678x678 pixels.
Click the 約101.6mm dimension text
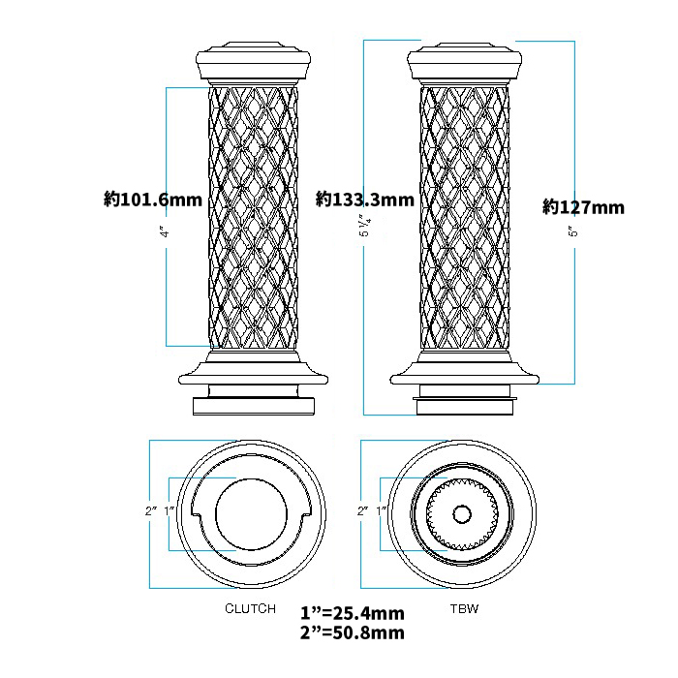click(x=153, y=200)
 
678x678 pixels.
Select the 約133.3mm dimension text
click(x=365, y=200)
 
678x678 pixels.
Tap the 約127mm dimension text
click(x=584, y=207)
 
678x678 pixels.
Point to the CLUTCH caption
click(x=250, y=609)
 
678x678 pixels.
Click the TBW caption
click(x=464, y=609)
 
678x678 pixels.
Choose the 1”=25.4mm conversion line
click(x=353, y=613)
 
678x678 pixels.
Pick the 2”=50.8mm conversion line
click(x=353, y=632)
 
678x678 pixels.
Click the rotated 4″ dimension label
click(x=165, y=233)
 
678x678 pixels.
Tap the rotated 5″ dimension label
click(x=573, y=231)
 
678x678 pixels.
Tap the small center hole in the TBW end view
click(x=462, y=514)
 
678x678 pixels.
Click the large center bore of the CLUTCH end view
click(x=251, y=514)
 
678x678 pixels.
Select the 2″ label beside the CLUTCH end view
click(x=151, y=510)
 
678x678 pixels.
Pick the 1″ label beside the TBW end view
click(x=382, y=510)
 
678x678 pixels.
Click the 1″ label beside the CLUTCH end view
click(x=169, y=510)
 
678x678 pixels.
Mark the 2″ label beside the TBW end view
click(x=363, y=510)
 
